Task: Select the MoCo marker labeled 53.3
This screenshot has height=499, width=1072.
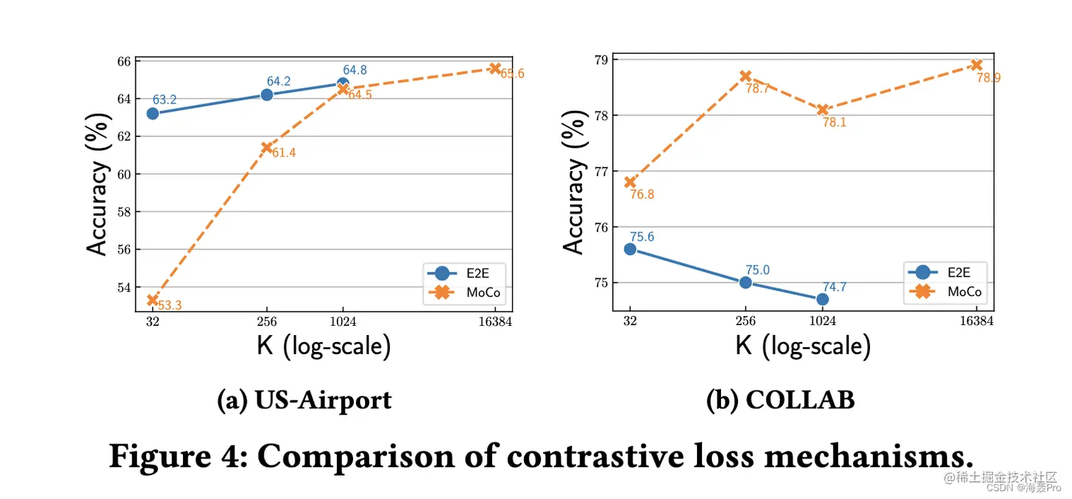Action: (x=152, y=300)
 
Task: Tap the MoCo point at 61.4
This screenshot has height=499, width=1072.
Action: (x=267, y=148)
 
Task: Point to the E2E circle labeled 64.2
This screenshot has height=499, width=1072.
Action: (x=267, y=94)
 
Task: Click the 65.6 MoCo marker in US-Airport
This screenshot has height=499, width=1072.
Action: (x=494, y=68)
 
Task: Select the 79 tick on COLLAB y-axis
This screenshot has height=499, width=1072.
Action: (x=601, y=60)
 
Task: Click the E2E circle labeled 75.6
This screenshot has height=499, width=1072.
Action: (x=630, y=249)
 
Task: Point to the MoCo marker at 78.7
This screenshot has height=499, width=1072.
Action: (x=745, y=76)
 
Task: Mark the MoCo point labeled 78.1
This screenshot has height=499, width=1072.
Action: (x=822, y=109)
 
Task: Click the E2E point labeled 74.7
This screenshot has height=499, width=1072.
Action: (x=822, y=299)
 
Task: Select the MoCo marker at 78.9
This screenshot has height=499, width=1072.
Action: (x=976, y=65)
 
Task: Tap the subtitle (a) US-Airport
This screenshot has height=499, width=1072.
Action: (x=304, y=400)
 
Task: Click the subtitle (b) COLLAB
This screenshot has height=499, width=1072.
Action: (x=781, y=400)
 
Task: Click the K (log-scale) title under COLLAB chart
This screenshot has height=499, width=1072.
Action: (x=803, y=346)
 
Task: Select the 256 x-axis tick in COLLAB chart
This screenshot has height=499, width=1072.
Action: (x=745, y=321)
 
